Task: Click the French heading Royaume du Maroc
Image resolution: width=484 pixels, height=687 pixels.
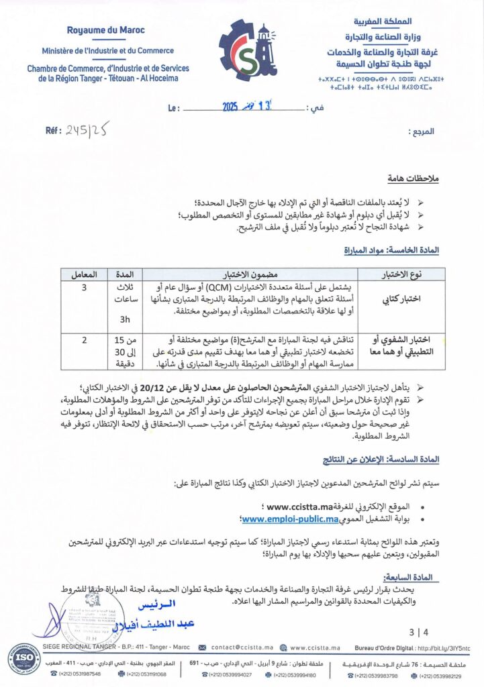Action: click(107, 30)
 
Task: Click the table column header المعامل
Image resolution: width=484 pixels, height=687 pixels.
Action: click(84, 274)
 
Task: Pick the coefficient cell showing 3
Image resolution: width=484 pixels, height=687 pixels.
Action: click(84, 287)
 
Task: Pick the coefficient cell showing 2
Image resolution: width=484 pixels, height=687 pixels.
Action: click(84, 340)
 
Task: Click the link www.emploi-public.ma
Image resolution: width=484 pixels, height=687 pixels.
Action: click(291, 519)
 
